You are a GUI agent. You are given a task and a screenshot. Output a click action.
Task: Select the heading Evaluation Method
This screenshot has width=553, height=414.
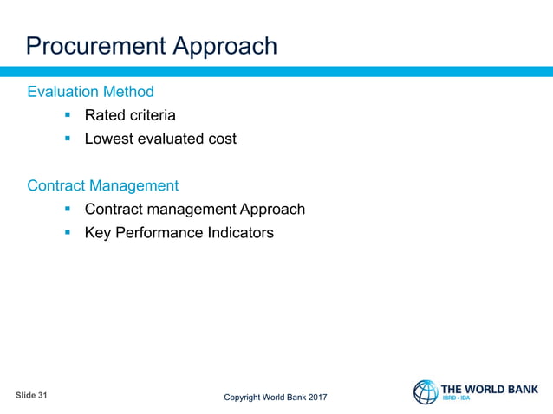(x=91, y=92)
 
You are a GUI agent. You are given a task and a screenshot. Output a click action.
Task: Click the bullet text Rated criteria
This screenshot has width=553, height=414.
(x=130, y=115)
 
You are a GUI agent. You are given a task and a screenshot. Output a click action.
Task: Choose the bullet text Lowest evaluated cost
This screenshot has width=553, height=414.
(x=160, y=139)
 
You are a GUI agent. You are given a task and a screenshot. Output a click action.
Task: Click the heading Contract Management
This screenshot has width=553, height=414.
(x=103, y=185)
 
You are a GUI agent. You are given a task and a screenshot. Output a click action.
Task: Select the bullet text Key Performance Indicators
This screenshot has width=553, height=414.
(x=179, y=233)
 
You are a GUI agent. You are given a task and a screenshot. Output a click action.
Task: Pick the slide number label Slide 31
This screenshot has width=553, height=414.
(x=32, y=395)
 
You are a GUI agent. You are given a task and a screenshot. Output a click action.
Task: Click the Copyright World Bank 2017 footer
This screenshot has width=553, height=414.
(x=276, y=398)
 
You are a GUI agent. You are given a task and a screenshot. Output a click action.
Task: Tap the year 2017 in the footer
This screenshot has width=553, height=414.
(x=316, y=398)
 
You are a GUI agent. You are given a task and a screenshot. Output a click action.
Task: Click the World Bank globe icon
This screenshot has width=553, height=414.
(x=426, y=392)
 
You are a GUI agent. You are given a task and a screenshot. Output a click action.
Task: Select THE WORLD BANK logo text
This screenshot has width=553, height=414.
(x=490, y=389)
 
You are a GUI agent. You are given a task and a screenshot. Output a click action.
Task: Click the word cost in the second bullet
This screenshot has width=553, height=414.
(x=221, y=139)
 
